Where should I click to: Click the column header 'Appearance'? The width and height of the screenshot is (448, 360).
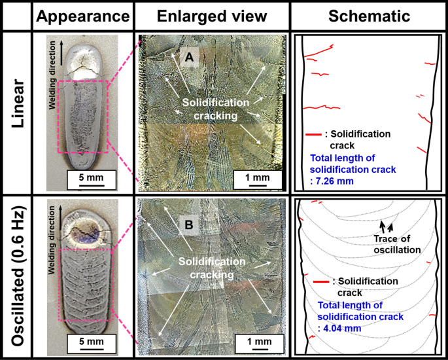82,16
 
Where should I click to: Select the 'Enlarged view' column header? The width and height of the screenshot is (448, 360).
212,16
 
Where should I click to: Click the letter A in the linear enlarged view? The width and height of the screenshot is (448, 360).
190,59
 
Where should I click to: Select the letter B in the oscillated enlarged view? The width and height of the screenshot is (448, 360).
189,226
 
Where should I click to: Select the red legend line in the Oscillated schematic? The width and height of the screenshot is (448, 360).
321,282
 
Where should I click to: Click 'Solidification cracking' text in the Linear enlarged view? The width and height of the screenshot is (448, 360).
216,109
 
